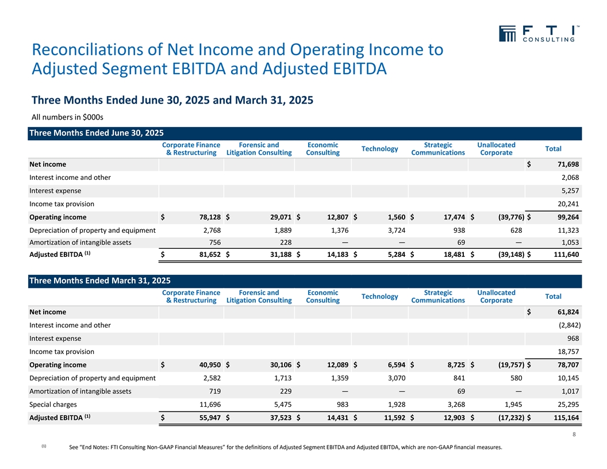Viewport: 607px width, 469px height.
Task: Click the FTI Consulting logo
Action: [538, 34]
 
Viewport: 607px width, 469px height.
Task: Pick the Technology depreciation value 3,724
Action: [395, 230]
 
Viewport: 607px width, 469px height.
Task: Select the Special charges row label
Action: [53, 404]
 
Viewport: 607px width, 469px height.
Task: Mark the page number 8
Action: [575, 435]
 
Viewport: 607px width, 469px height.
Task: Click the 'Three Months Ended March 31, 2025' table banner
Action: [99, 281]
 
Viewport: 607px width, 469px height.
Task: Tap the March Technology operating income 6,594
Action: [395, 365]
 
